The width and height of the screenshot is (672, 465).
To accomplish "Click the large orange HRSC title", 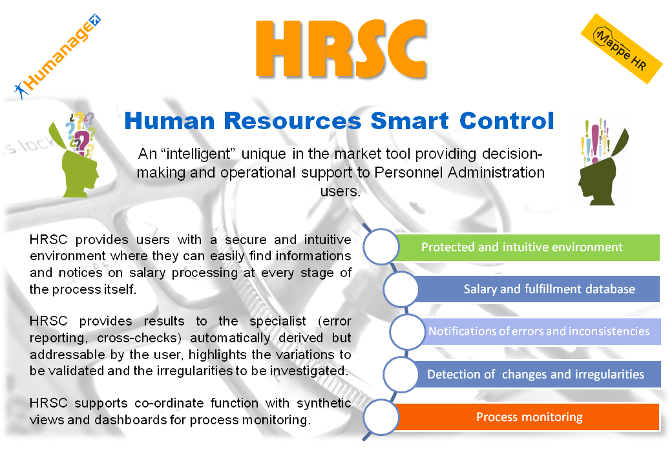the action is click(341, 49).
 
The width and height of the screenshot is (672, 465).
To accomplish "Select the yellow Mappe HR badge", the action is click(622, 48).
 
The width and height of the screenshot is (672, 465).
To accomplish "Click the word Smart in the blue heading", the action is click(409, 121).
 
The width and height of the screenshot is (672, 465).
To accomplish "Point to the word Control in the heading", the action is click(507, 121).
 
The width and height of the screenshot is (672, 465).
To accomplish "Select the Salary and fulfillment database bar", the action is click(536, 289).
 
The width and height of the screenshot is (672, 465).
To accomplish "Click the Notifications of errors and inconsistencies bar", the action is click(540, 331).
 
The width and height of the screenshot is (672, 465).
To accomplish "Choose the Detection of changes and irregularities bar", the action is click(536, 374).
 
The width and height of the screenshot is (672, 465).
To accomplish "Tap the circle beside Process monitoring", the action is click(381, 417).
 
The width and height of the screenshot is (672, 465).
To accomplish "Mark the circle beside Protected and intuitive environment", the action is click(381, 247).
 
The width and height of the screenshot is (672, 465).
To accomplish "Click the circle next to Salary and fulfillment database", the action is click(401, 289).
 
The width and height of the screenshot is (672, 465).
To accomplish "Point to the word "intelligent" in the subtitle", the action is click(198, 153).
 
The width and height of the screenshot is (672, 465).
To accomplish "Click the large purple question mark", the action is click(81, 141).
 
